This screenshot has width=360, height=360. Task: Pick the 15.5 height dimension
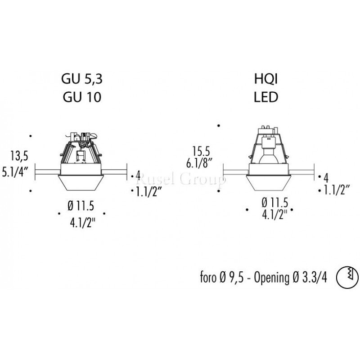pos(201,150)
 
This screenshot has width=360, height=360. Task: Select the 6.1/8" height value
pos(199,163)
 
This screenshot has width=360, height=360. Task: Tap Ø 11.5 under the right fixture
pos(269,201)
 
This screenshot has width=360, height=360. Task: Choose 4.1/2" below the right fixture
pos(270,214)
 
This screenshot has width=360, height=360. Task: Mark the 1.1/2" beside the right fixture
pos(335,190)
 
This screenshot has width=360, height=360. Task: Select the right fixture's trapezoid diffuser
pos(270,182)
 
